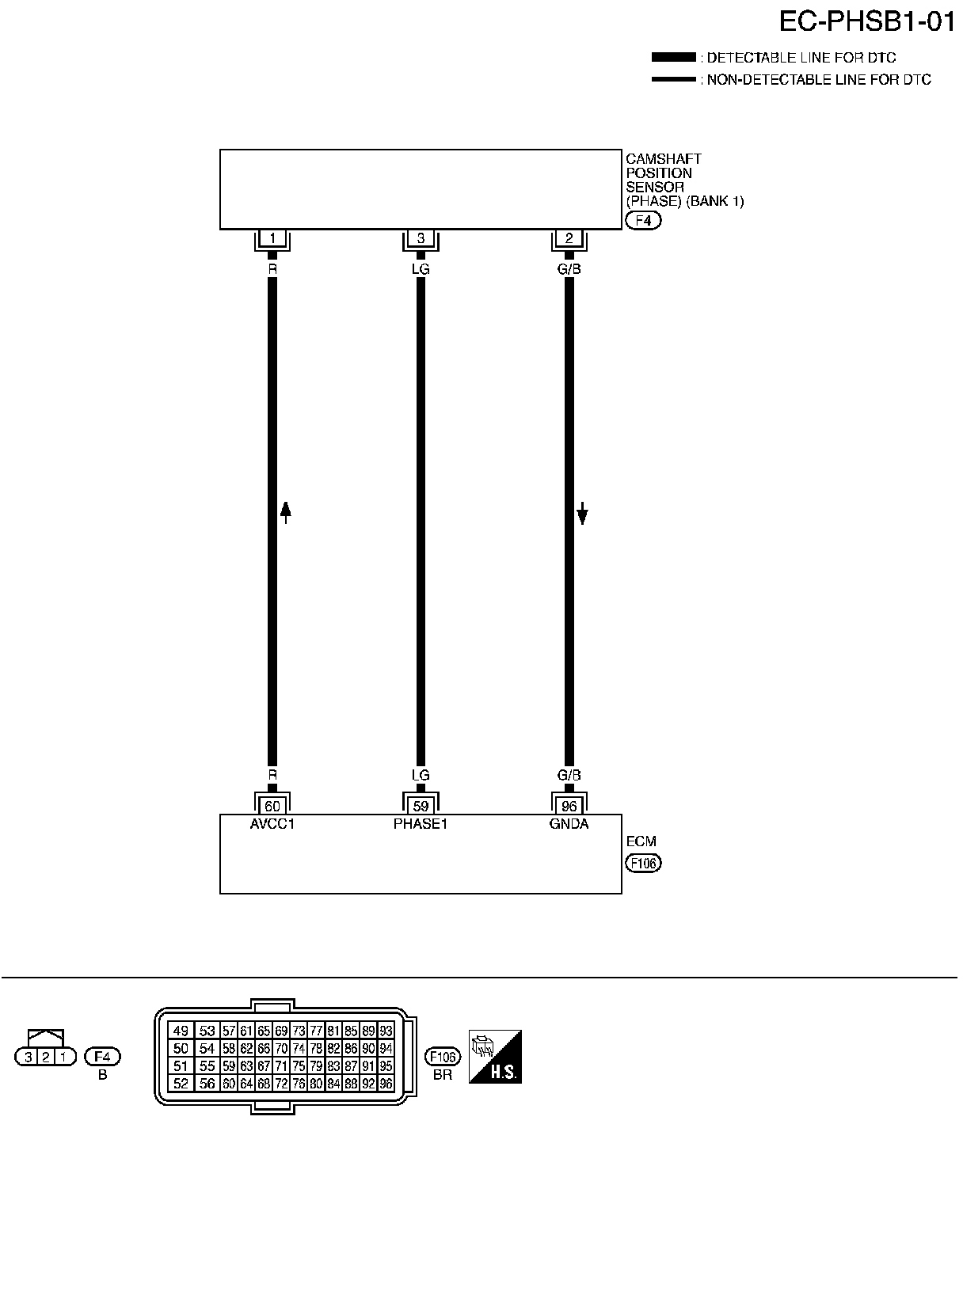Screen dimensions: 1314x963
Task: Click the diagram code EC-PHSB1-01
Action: point(867,21)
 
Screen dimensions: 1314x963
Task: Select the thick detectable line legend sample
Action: point(673,58)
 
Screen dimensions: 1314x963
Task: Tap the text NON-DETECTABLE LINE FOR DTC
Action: point(819,80)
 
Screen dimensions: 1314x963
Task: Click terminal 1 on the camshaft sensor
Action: point(272,238)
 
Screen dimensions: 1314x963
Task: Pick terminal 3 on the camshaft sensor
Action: point(421,238)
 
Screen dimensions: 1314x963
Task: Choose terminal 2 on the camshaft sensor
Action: point(569,238)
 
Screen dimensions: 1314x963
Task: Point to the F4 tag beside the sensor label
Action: point(643,221)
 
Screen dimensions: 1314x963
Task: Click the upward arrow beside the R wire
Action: point(286,513)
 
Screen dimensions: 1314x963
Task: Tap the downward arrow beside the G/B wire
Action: point(582,513)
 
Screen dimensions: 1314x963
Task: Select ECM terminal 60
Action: point(272,807)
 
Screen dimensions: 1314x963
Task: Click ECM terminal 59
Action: point(421,807)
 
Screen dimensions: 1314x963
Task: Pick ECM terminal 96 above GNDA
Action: point(569,807)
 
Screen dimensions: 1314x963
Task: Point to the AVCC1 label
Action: point(272,824)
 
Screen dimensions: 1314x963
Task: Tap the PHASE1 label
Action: point(421,824)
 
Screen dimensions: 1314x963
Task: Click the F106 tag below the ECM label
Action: point(643,864)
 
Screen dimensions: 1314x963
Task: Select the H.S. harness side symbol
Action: point(495,1057)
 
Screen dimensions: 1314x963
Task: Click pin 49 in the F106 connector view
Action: point(181,1031)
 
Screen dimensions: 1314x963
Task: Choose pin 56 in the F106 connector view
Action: point(207,1084)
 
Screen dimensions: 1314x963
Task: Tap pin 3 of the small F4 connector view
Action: point(29,1057)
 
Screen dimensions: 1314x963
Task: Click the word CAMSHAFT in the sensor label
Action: point(664,159)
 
